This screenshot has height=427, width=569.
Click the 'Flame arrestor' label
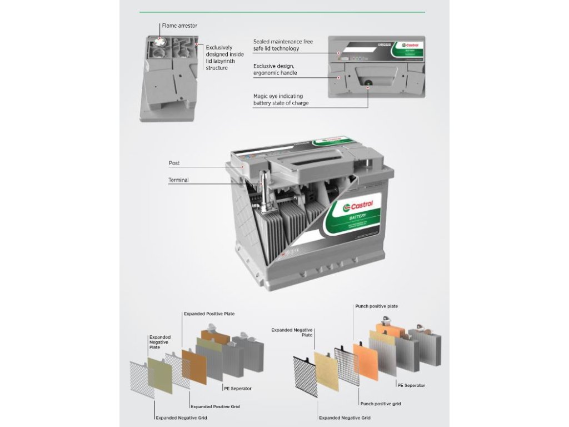click(179, 26)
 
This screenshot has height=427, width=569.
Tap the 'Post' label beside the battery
click(174, 163)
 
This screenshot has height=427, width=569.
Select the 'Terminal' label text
click(178, 180)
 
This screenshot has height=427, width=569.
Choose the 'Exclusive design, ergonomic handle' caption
click(275, 69)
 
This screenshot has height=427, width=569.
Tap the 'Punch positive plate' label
click(376, 306)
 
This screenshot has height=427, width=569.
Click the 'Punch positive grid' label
click(380, 404)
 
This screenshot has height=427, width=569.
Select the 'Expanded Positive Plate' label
click(209, 314)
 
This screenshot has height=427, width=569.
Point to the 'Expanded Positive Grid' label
click(215, 406)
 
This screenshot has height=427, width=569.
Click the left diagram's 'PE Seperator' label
click(237, 388)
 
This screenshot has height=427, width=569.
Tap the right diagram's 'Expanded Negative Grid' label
click(345, 418)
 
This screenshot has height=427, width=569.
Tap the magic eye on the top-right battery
click(368, 87)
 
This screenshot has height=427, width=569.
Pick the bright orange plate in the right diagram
click(365, 361)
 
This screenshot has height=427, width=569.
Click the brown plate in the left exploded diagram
click(194, 366)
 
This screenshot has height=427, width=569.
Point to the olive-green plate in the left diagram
click(159, 375)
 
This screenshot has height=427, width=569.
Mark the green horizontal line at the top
click(282, 12)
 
